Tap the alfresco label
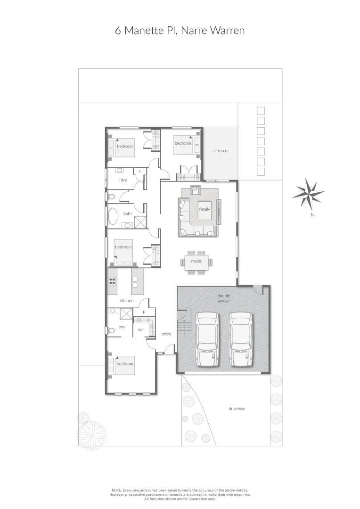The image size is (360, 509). [220, 151]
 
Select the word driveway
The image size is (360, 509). [237, 409]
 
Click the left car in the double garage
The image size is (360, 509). [206, 339]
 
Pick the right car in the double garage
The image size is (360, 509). [240, 339]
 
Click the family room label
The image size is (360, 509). [205, 209]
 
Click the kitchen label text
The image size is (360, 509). [127, 301]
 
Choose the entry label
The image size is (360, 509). [166, 334]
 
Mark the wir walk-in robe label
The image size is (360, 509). [141, 330]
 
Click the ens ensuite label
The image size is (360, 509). [122, 327]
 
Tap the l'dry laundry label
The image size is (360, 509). [123, 180]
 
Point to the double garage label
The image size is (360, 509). [223, 298]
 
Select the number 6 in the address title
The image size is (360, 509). [118, 31]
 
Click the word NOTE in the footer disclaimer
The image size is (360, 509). [116, 490]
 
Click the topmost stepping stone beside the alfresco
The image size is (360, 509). [261, 111]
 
